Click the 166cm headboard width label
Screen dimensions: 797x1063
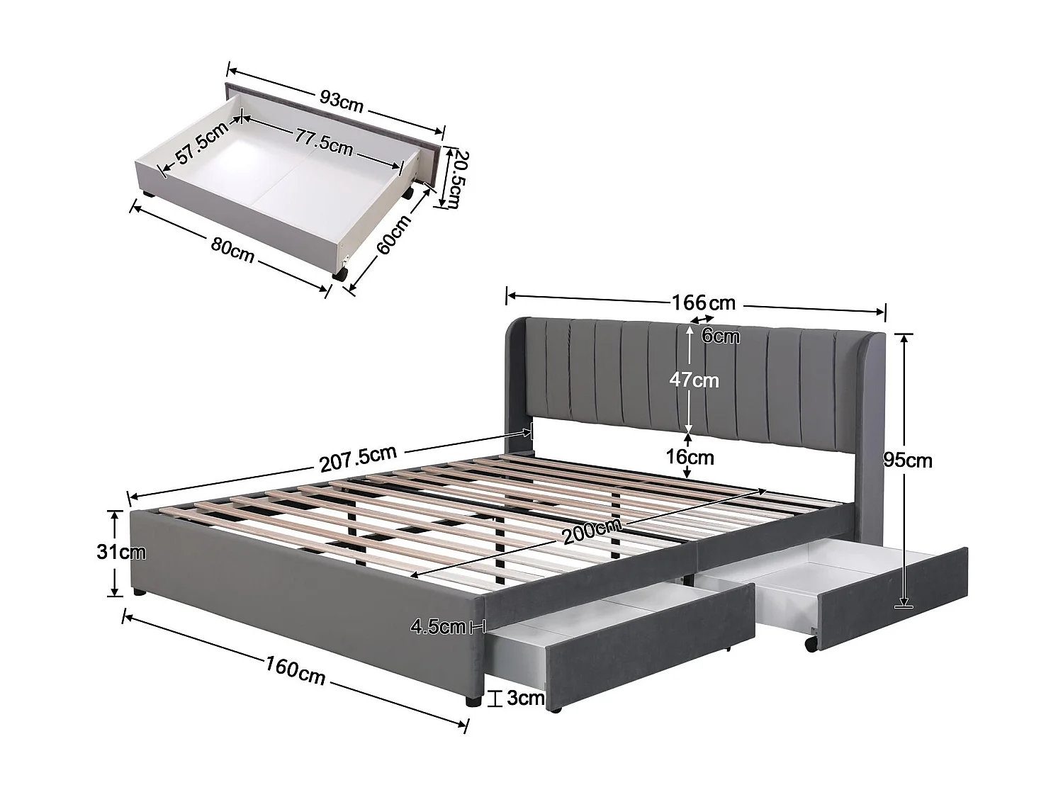[703, 303]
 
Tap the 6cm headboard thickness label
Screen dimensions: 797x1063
[721, 336]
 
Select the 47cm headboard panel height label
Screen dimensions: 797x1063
[694, 380]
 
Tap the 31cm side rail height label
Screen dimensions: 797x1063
[120, 551]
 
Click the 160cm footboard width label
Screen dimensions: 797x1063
[296, 669]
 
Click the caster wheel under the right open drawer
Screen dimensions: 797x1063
[810, 643]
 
